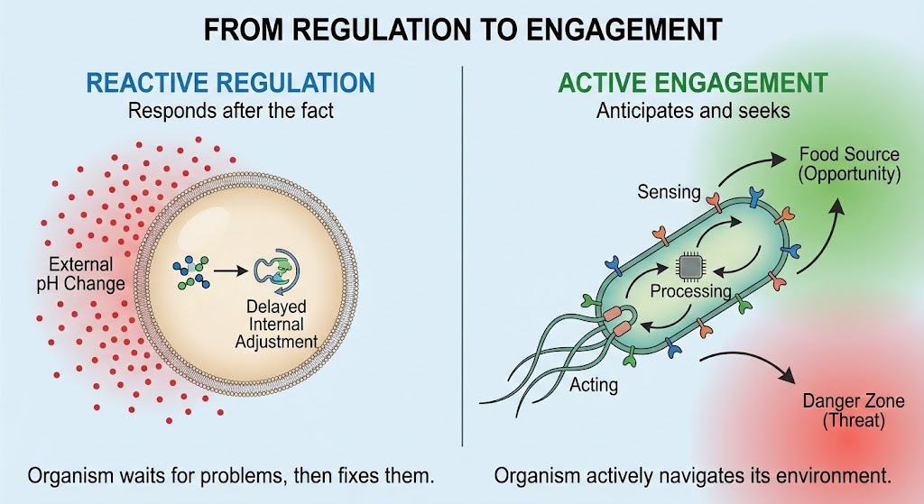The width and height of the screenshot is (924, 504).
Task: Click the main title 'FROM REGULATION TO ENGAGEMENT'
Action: point(462,29)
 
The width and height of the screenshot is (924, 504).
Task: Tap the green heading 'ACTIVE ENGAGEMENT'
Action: point(692,83)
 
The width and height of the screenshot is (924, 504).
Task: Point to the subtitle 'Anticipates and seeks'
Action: point(692,111)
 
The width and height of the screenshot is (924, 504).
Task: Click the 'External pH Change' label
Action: point(82,274)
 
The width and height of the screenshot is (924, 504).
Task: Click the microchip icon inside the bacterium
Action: point(690,266)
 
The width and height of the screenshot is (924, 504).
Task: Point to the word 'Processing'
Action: point(690,292)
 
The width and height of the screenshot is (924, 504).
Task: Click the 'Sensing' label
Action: point(668,191)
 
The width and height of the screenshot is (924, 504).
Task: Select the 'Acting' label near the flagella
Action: point(594,385)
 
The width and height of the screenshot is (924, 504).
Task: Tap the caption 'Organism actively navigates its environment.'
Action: point(692,474)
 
